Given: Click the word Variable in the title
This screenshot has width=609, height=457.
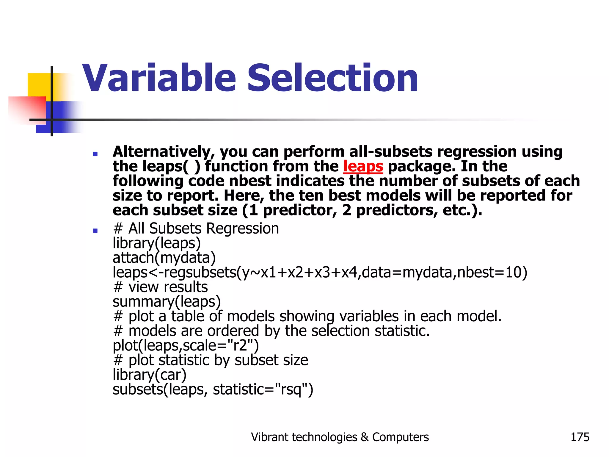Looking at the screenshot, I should tap(159, 78).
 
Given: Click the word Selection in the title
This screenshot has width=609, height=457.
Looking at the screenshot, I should tap(332, 78).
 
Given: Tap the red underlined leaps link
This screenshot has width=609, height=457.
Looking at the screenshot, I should tap(363, 166).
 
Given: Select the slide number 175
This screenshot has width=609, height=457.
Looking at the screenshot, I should tap(580, 437).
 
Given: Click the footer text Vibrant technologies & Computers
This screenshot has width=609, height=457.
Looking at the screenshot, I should tap(340, 437).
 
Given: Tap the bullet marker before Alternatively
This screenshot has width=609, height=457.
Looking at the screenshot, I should tap(95, 154).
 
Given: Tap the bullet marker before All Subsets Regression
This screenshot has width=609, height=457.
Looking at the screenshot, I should tap(95, 231).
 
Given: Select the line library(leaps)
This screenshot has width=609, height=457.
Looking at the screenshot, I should tap(157, 243).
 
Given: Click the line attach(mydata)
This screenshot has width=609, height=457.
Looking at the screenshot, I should tap(164, 258).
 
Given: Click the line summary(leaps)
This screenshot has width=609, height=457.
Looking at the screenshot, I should tap(167, 302).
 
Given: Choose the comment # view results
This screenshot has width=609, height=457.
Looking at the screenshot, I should tap(161, 287).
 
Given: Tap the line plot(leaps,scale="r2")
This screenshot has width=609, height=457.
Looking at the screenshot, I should tap(186, 346).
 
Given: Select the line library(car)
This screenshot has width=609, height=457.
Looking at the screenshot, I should tap(149, 375).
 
